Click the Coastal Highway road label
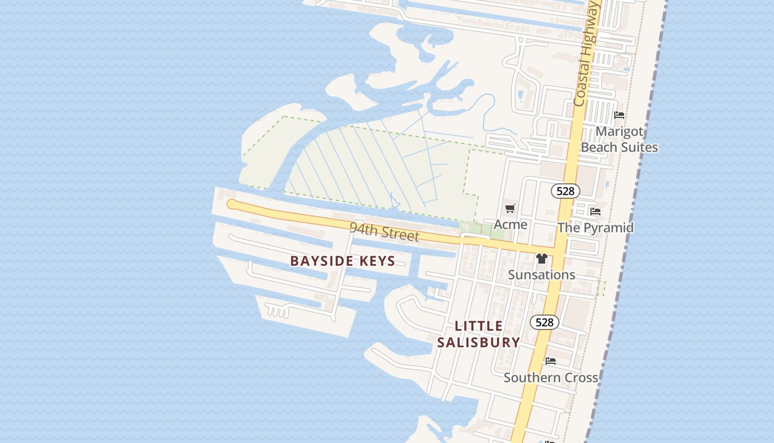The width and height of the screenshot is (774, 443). click(x=587, y=53)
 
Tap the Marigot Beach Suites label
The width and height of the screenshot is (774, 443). click(x=619, y=140)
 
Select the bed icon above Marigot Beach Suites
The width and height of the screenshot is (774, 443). click(x=619, y=115)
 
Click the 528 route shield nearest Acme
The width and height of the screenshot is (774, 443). click(x=565, y=191)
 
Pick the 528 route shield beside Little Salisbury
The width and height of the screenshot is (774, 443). click(x=545, y=322)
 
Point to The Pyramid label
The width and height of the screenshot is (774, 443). click(x=595, y=228)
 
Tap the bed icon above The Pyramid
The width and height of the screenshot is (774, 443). click(x=595, y=211)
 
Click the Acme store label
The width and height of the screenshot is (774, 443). click(x=510, y=224)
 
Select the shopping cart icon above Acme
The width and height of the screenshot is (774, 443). click(x=510, y=209)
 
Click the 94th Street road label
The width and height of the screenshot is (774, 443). click(x=384, y=231)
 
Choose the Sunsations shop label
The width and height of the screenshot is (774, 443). click(x=542, y=275)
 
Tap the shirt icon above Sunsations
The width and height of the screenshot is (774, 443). click(x=542, y=259)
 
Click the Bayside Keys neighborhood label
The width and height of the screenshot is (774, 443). click(x=343, y=261)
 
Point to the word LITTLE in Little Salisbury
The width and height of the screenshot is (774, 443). click(x=479, y=326)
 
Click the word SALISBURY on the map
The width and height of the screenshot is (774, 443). click(x=479, y=342)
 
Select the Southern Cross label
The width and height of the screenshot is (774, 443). click(x=551, y=378)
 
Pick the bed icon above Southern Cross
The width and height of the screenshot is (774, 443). click(x=551, y=361)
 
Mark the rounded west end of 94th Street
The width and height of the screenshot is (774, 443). click(x=232, y=204)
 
